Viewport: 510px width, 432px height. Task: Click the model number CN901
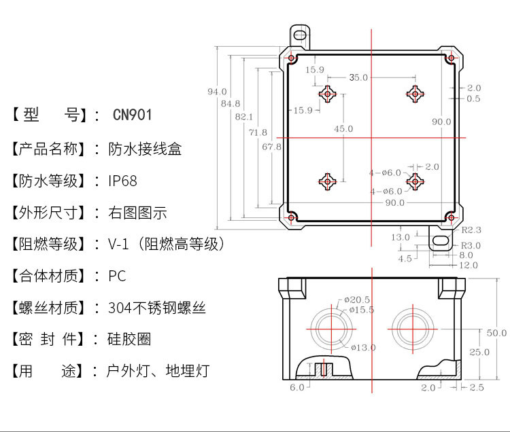coord(133,115)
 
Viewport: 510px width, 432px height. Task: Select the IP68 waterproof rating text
coord(122,181)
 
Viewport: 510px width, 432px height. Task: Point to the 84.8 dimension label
coord(231,103)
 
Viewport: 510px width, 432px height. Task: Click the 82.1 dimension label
coord(243,117)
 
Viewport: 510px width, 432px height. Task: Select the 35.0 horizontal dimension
coord(358,77)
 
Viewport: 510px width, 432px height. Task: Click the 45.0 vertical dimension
coord(343,128)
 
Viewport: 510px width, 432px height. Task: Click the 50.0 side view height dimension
coord(496,333)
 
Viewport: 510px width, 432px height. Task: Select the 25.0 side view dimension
coord(480,352)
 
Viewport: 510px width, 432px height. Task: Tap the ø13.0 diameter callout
coord(364,348)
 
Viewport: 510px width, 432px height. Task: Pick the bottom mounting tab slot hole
coord(441,241)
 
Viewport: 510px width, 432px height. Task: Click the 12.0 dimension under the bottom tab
coord(468,266)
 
